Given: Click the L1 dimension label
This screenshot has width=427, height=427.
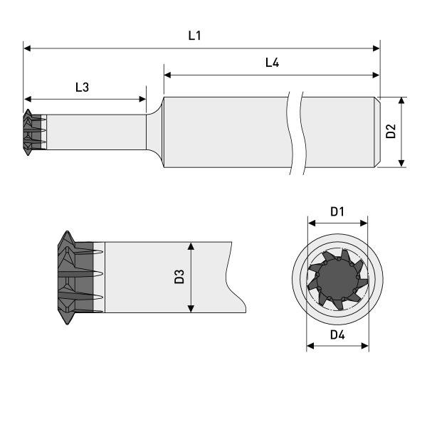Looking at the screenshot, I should [194, 35].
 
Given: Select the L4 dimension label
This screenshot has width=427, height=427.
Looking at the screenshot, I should [272, 62].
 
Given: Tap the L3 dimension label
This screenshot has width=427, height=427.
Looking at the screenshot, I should [83, 88].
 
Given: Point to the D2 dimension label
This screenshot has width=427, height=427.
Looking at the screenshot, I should [390, 132].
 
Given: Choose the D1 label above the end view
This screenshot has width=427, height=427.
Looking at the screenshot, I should [337, 211].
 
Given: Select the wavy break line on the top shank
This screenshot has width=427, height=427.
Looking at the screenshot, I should [295, 132].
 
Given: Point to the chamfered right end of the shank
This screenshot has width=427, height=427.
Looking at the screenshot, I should [376, 132].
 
